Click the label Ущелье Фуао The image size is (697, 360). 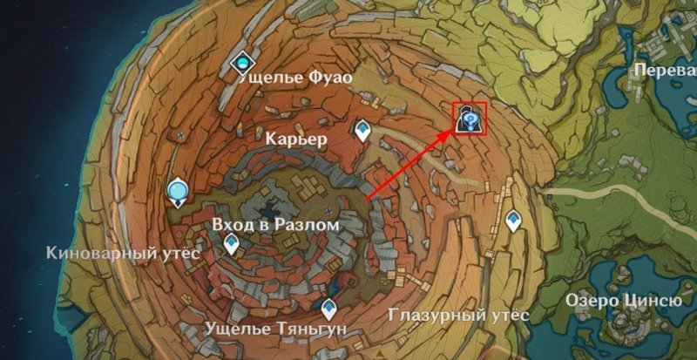click(x=294, y=78)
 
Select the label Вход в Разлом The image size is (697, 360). click(x=274, y=226)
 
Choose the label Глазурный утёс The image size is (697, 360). click(x=457, y=314)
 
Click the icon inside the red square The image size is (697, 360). click(x=470, y=118)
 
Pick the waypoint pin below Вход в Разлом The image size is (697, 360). click(x=232, y=244)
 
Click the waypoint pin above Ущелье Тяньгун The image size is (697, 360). click(x=328, y=308)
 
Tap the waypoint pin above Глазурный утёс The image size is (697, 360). click(x=514, y=222)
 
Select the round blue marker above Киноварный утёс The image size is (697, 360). click(x=179, y=191)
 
